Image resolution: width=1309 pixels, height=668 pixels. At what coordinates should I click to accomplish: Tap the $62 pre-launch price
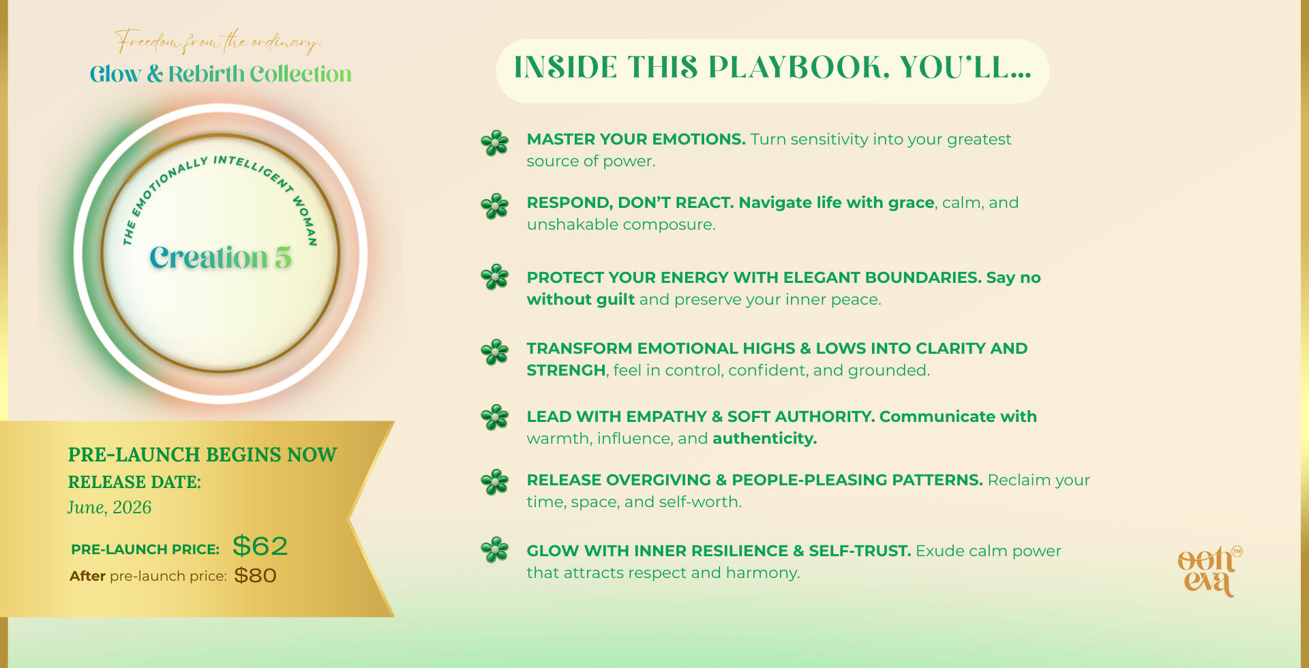pos(260,546)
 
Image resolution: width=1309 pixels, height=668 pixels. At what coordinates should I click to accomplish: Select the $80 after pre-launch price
pos(255,576)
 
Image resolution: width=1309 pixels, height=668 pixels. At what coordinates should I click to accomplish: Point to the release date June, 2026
pos(109,508)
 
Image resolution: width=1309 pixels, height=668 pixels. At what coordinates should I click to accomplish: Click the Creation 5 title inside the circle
pos(220,258)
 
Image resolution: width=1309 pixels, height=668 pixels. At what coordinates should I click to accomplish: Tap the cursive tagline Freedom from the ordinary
pos(217,42)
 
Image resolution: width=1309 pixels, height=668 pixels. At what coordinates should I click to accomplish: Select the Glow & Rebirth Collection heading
pos(220,74)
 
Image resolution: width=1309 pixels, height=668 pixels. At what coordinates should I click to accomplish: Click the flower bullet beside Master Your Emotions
pos(495,143)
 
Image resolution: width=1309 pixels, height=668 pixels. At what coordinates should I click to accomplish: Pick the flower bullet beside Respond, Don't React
pos(495,206)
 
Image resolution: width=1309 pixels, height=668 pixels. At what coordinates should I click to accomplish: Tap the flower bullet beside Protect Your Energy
pos(495,277)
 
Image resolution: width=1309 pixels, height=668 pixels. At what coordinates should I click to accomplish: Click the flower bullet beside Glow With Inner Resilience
pos(495,550)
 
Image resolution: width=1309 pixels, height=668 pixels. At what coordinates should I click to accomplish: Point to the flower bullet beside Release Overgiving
pos(495,482)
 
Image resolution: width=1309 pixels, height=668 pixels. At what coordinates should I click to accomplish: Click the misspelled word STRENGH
pos(566,370)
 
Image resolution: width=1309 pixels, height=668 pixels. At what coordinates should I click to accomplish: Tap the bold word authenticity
pos(764,438)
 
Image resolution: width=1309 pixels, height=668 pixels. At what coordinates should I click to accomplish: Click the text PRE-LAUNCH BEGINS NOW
pos(202,455)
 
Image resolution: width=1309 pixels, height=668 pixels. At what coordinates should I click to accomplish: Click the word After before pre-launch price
pos(87,576)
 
